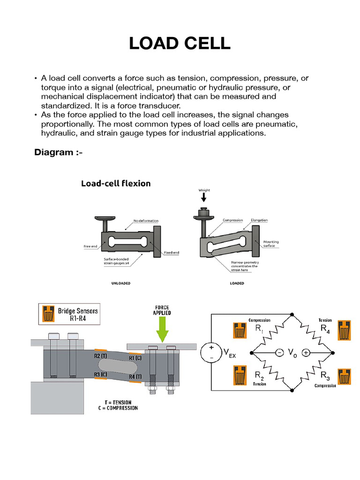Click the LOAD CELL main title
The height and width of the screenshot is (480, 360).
[180, 43]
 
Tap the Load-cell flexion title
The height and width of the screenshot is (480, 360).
[116, 183]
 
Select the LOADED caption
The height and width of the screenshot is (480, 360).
[237, 284]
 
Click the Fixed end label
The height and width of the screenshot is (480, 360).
[172, 253]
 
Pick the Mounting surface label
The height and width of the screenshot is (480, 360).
[271, 244]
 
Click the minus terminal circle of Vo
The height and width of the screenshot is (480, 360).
[279, 352]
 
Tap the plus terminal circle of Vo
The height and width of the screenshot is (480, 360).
[306, 352]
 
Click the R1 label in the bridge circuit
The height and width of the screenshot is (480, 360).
[259, 329]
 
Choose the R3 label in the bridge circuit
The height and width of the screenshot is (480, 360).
[325, 375]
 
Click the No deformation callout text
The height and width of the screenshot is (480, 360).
[146, 220]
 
